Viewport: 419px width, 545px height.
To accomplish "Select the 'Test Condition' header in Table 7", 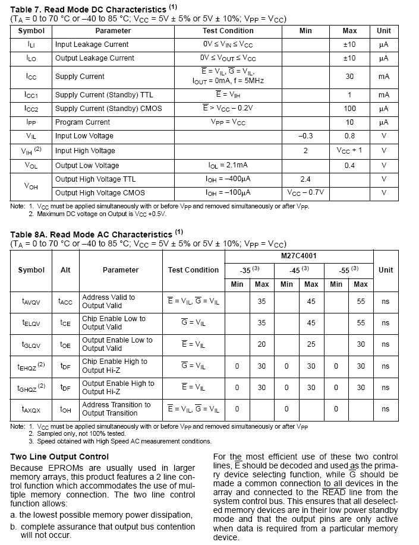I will tap(228, 31).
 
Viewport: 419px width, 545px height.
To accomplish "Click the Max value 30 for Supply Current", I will tap(349, 77).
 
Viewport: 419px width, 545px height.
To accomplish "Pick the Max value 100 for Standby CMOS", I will tap(349, 109).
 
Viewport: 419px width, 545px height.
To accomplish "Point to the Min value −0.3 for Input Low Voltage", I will tap(305, 136).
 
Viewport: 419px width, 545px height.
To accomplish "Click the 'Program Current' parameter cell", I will tap(83, 122).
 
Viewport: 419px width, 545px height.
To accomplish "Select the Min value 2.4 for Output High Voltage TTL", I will tap(305, 179).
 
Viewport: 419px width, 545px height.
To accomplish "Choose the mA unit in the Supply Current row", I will tap(383, 77).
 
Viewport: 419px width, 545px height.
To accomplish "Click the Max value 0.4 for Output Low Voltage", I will tap(349, 166).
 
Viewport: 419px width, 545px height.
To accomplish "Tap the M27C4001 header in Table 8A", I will tap(299, 256).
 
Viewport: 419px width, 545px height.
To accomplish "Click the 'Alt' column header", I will tap(65, 270).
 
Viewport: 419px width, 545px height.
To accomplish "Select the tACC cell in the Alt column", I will tap(65, 302).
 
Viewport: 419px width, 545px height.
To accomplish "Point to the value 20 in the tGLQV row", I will tap(262, 344).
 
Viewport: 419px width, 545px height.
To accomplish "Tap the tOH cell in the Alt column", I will tap(65, 409).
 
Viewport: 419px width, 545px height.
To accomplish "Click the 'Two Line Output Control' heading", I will tap(59, 457).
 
